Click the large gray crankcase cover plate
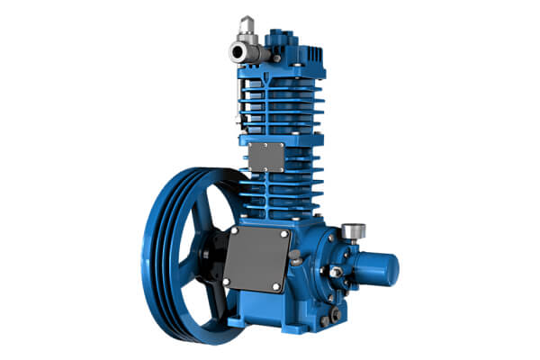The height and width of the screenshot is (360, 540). pyautogui.click(x=257, y=261)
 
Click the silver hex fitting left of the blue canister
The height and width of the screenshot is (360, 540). pyautogui.click(x=337, y=271)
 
